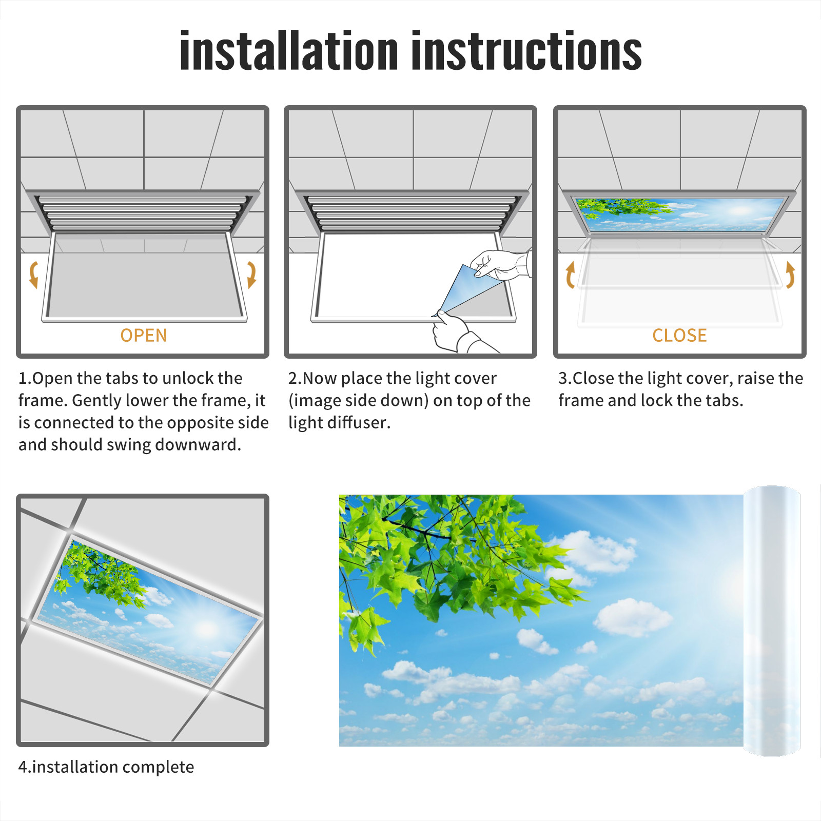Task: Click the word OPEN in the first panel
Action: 144,336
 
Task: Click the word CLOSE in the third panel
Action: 679,336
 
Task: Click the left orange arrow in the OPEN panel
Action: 33,275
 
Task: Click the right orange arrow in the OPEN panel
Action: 251,275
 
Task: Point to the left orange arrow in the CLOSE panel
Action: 570,275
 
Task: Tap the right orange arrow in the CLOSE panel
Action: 790,275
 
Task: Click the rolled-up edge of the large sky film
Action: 772,621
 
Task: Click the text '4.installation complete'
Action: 106,767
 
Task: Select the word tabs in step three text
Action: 724,400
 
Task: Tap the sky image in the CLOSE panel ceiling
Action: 680,215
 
